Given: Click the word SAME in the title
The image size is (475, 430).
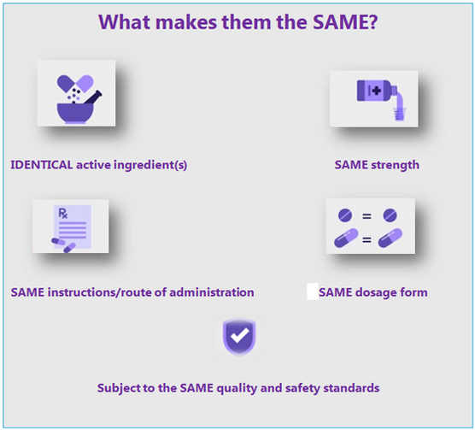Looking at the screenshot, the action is (x=341, y=22).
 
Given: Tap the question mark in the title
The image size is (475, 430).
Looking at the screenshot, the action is (x=373, y=22).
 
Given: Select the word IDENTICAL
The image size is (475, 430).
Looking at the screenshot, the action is (x=42, y=165).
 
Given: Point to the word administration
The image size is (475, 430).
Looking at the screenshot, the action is (x=212, y=292).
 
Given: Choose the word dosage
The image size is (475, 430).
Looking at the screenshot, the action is (x=376, y=292).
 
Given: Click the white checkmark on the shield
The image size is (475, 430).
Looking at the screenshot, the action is (x=239, y=335).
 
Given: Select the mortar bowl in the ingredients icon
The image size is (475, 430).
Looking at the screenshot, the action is (x=75, y=114).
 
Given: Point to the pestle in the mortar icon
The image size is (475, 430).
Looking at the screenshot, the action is (x=91, y=97).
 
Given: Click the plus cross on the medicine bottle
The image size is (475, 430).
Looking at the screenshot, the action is (x=376, y=91).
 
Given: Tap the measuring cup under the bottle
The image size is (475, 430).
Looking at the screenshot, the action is (x=399, y=114).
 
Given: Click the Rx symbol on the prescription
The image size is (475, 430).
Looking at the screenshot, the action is (x=62, y=214).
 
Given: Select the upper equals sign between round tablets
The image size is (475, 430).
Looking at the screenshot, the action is (x=367, y=216).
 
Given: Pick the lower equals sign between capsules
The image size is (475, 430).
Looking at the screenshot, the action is (x=367, y=240).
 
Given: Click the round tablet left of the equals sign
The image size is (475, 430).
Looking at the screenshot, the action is (x=345, y=215).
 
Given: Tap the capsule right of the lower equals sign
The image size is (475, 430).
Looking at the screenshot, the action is (x=390, y=238).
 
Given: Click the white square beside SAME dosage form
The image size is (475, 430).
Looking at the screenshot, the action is (x=313, y=292).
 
